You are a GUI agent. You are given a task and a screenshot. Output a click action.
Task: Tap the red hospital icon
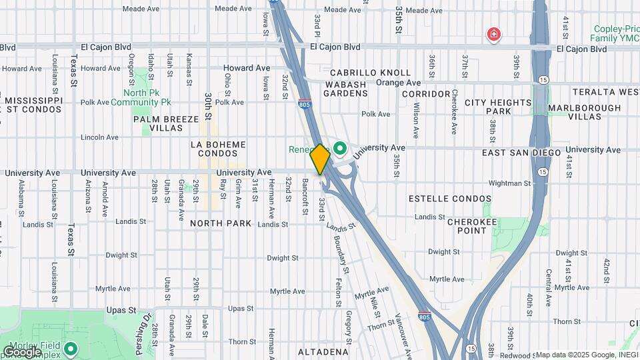point(493,33)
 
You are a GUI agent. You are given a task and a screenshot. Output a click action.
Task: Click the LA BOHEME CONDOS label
point(218,149)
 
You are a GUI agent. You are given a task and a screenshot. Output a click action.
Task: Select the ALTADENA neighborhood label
point(323,351)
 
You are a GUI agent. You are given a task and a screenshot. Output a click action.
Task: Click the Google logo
point(22,351)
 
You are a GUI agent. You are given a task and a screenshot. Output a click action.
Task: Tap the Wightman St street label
point(509,183)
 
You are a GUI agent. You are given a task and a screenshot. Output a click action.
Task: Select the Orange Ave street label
point(399,83)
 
